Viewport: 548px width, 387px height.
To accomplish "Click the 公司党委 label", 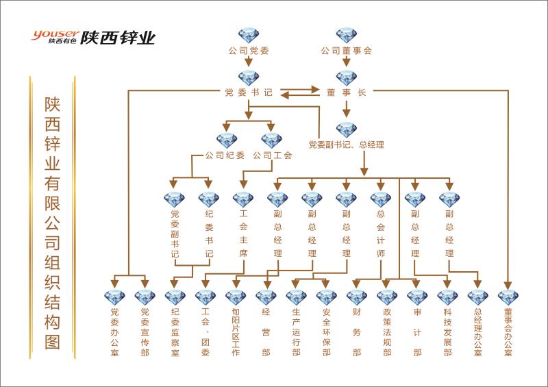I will point(248,50).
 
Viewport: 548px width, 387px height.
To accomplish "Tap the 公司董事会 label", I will point(347,50).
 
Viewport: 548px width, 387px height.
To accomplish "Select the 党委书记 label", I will point(248,92).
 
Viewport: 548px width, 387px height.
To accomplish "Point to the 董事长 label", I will point(346,92).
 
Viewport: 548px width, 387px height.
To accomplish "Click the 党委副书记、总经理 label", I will point(346,145).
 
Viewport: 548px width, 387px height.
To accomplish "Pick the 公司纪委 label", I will point(225,155).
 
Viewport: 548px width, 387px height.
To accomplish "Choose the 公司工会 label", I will point(273,155).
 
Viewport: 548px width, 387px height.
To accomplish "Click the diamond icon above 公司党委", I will point(249,36).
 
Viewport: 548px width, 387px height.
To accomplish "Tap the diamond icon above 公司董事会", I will point(347,36).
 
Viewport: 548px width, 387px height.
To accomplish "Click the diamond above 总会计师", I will point(380,199).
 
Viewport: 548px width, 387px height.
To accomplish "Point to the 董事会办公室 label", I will point(508,332).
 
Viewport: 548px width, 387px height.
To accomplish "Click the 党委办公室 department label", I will point(114,332).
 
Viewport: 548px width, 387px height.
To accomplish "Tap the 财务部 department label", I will point(356,332).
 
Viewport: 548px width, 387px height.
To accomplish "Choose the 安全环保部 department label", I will point(326,332).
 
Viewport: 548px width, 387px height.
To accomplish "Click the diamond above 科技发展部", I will point(447,297).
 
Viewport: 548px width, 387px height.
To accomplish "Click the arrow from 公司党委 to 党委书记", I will point(249,62).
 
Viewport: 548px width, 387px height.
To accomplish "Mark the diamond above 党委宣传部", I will point(145,297).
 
